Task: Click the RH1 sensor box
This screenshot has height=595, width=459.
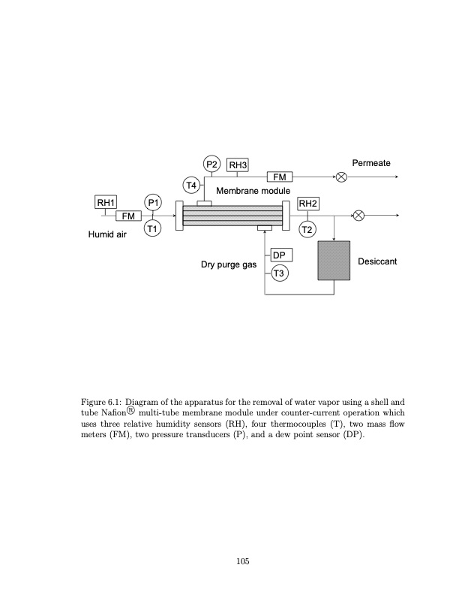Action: tap(106, 202)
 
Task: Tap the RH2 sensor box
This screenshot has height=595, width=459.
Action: tap(308, 203)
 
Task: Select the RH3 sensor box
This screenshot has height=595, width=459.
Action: tap(238, 165)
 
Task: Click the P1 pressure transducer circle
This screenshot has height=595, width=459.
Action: tap(153, 202)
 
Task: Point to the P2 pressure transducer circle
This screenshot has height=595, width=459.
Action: tap(211, 165)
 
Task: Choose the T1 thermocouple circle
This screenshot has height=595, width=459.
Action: tap(153, 228)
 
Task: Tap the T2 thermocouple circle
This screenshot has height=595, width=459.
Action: tap(307, 228)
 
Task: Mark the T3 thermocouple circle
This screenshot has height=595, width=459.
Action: tap(279, 273)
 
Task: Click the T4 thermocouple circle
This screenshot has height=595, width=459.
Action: tap(192, 184)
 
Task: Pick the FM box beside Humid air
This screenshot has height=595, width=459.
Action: tap(129, 216)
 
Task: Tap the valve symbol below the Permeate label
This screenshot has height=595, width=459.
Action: tap(341, 177)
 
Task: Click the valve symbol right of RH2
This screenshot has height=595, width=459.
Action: tap(358, 216)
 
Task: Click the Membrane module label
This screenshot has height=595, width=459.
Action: tap(253, 192)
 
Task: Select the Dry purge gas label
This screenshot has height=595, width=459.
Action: tap(229, 265)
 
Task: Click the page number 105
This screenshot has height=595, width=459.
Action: tap(241, 560)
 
